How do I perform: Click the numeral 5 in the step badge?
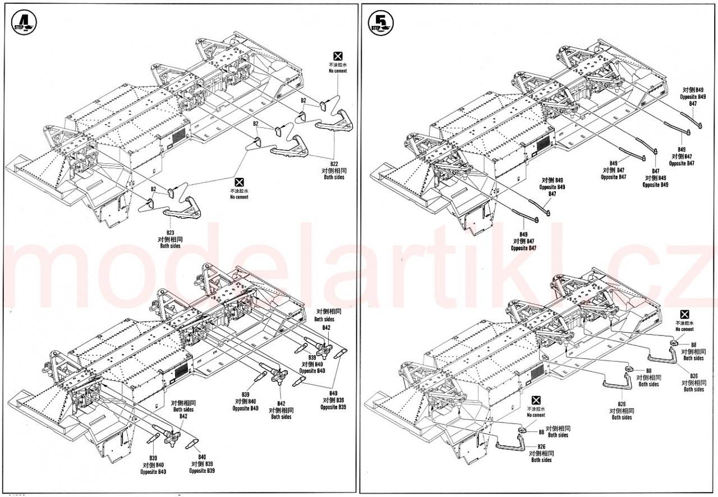(x=381, y=21)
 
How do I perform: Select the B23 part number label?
(x=171, y=232)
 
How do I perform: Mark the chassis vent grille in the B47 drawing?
(x=541, y=144)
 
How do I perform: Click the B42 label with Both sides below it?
(x=281, y=403)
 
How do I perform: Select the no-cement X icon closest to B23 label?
(x=239, y=182)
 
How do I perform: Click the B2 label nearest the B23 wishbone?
(x=153, y=189)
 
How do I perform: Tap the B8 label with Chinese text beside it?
(x=541, y=432)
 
